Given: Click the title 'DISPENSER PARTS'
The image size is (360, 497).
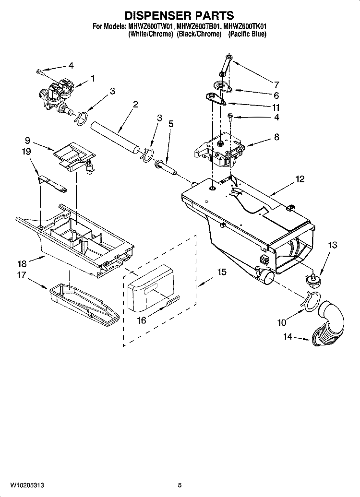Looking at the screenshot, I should [x=180, y=15].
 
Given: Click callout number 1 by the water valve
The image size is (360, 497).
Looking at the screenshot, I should [x=92, y=78].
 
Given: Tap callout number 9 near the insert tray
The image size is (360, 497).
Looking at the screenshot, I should [x=27, y=141].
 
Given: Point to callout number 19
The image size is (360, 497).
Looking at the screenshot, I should [x=27, y=152].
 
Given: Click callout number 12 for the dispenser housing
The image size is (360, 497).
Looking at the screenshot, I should [x=300, y=179].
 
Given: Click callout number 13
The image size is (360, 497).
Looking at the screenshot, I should [x=332, y=245].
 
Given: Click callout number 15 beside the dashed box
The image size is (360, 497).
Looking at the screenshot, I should [x=222, y=272].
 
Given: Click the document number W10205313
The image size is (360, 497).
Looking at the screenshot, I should [x=27, y=485].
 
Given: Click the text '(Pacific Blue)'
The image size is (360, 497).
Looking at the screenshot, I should [x=247, y=35].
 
